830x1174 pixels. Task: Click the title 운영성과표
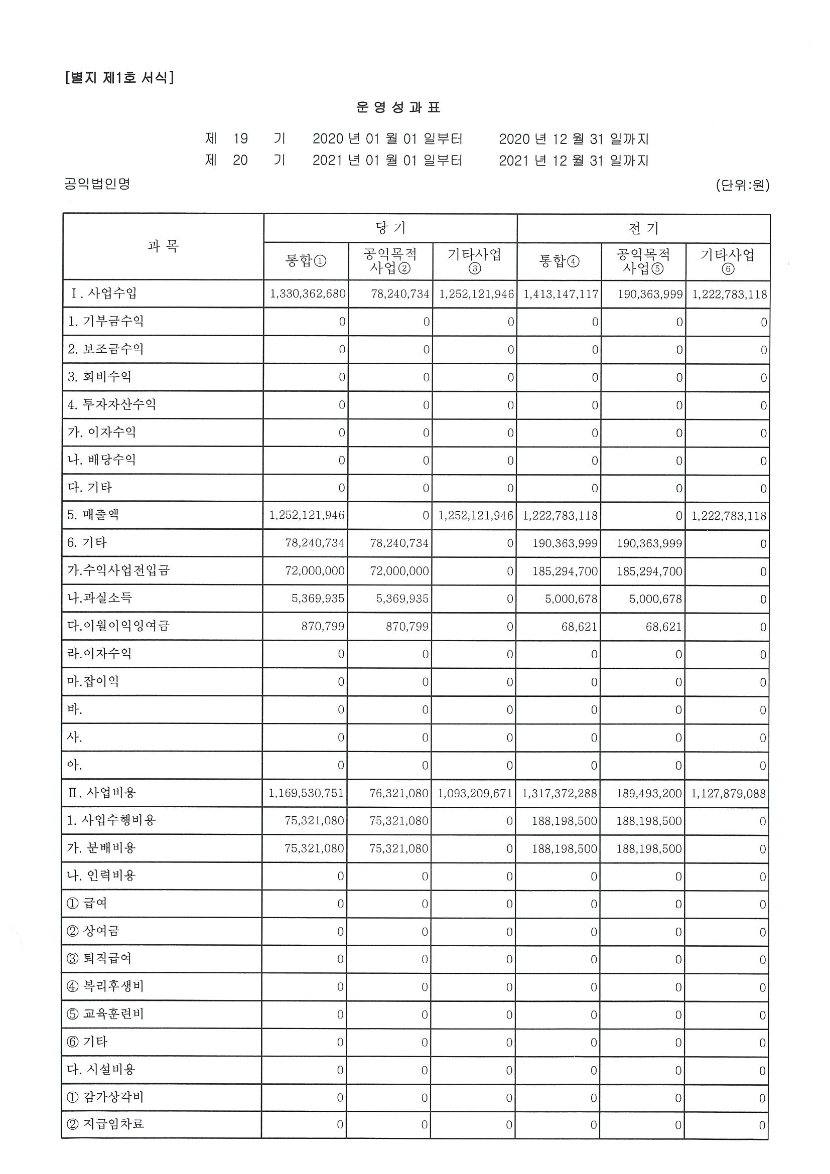point(398,107)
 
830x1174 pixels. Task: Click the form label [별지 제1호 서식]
point(119,78)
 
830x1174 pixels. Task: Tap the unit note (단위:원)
point(743,185)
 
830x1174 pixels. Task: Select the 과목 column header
point(163,246)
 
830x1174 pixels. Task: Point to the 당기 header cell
point(390,228)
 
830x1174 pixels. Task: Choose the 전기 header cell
point(643,228)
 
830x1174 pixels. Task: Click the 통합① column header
point(306,261)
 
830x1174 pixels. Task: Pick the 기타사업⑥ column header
point(727,261)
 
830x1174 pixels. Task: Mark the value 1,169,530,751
point(306,793)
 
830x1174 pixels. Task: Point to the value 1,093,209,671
point(475,794)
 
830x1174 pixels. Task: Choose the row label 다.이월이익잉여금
point(118,625)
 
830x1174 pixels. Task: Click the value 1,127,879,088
point(728,794)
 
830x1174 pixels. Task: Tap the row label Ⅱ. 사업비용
point(102,793)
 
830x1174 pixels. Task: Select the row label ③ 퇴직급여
point(99,958)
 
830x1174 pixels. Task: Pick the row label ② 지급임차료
point(105,1124)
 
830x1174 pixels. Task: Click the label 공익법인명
point(97,184)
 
